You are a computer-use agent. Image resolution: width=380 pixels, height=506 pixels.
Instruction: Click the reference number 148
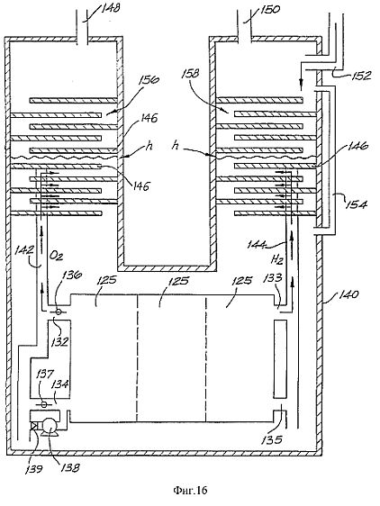pyautogui.click(x=110, y=8)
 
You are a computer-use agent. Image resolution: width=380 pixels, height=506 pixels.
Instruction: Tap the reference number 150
pyautogui.click(x=270, y=9)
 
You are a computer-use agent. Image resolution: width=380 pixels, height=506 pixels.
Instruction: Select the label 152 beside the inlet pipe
pyautogui.click(x=360, y=75)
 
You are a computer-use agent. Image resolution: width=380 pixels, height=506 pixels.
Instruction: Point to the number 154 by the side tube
pyautogui.click(x=357, y=204)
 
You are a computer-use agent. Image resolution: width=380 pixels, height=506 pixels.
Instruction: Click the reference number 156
pyautogui.click(x=149, y=79)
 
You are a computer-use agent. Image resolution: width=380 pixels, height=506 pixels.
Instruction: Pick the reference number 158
pyautogui.click(x=190, y=74)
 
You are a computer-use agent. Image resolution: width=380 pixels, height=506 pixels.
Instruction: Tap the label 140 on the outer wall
pyautogui.click(x=348, y=294)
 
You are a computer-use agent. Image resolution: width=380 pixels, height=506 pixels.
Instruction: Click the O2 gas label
pyautogui.click(x=56, y=256)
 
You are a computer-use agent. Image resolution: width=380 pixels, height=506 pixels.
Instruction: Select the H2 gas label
pyautogui.click(x=276, y=258)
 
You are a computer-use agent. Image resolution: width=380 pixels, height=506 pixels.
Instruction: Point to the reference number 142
pyautogui.click(x=23, y=250)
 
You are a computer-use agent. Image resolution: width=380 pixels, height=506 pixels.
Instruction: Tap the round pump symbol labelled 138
pyautogui.click(x=50, y=426)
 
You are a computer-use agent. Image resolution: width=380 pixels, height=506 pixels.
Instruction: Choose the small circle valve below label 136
pyautogui.click(x=59, y=312)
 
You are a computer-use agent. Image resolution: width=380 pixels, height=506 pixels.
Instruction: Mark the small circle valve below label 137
pyautogui.click(x=44, y=404)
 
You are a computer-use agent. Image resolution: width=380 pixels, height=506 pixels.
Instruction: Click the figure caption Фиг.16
pyautogui.click(x=191, y=491)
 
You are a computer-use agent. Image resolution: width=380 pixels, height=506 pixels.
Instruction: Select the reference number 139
pyautogui.click(x=33, y=468)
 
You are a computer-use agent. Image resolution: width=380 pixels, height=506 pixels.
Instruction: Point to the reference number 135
pyautogui.click(x=273, y=439)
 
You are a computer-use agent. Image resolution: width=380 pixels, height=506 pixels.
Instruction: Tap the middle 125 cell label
pyautogui.click(x=178, y=281)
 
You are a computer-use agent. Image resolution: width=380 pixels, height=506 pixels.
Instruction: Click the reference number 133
pyautogui.click(x=272, y=277)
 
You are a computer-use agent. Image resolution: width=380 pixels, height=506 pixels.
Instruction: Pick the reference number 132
pyautogui.click(x=59, y=341)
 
